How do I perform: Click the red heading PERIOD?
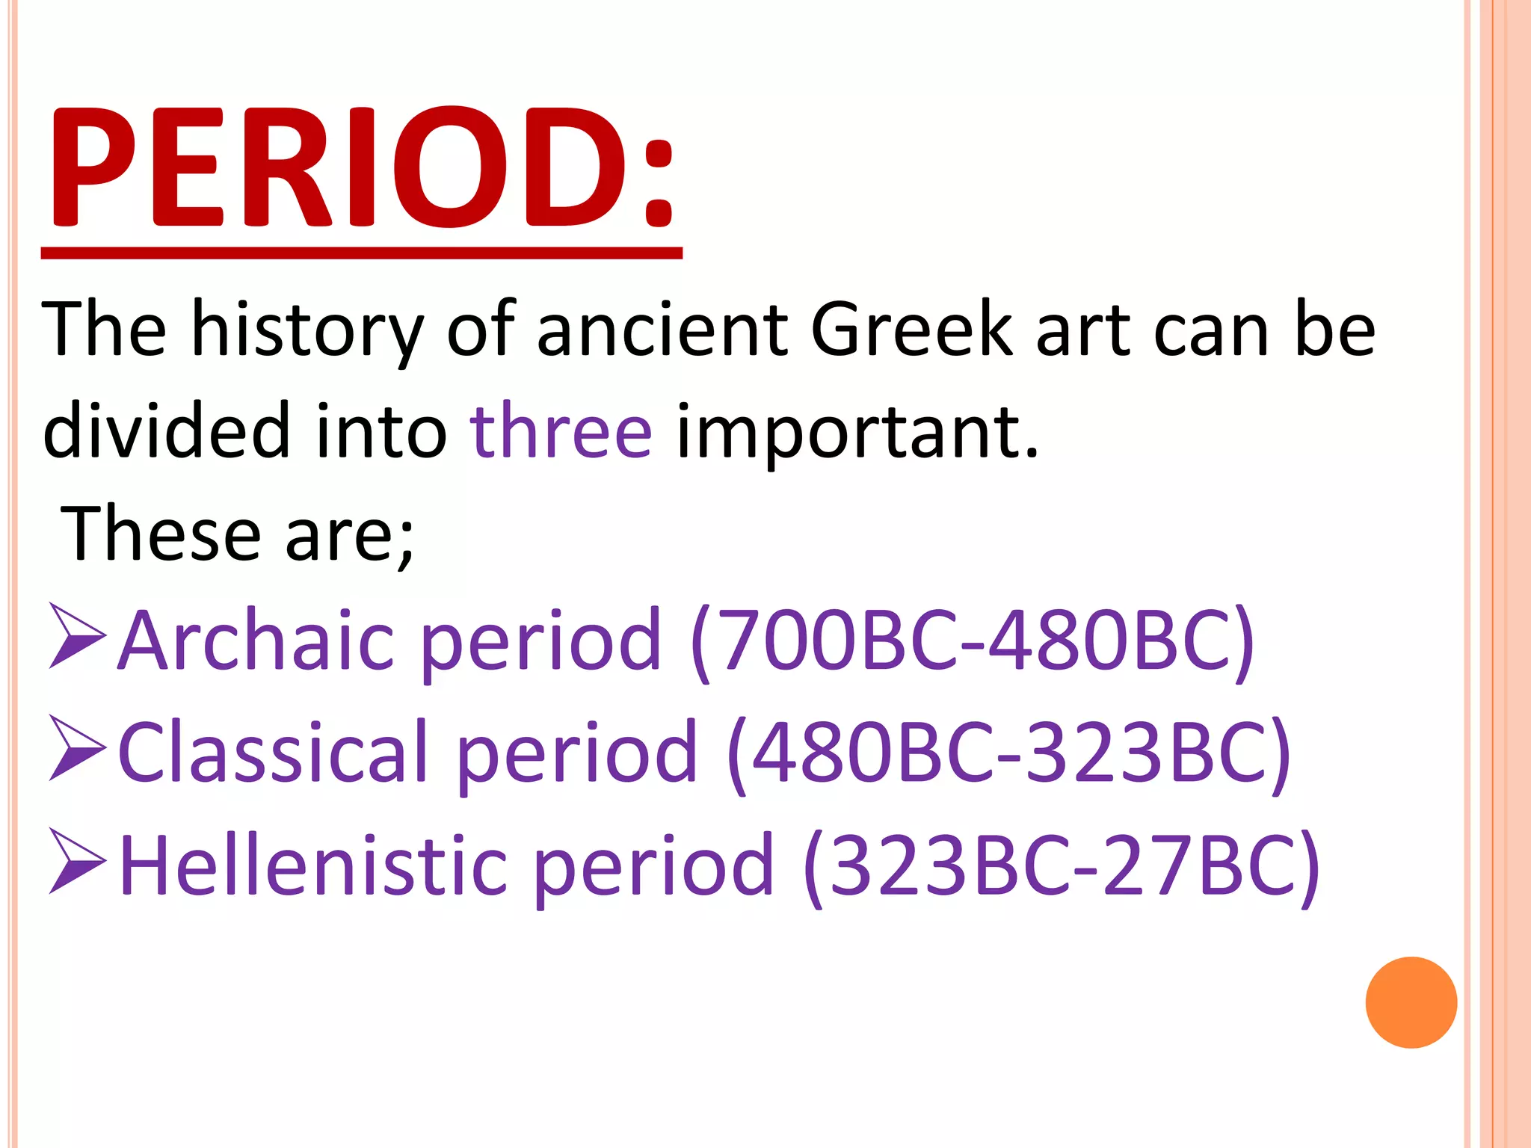(362, 168)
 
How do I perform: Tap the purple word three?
(561, 431)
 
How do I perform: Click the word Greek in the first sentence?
(911, 330)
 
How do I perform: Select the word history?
(307, 330)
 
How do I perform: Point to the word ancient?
(662, 330)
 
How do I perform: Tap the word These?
(160, 533)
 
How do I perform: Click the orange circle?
(1411, 1002)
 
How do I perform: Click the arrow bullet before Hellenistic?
(77, 861)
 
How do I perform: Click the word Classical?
(273, 753)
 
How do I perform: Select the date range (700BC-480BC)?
(972, 641)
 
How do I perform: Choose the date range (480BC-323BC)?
(1008, 753)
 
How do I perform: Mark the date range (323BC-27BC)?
(1061, 866)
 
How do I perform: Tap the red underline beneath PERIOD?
(362, 253)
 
